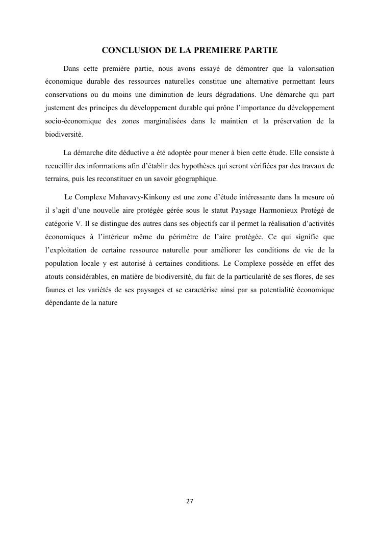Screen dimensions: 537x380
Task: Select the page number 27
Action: (190, 501)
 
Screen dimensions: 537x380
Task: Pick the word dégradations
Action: (235, 95)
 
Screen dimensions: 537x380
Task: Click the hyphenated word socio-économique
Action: (71, 121)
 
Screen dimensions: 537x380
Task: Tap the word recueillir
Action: (59, 166)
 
